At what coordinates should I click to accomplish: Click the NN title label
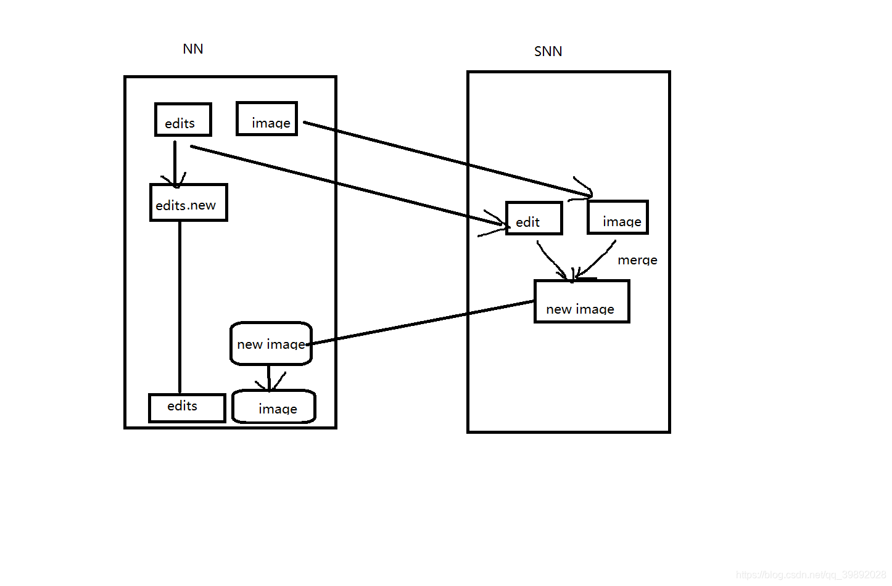point(193,49)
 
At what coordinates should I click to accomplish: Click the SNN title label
point(548,52)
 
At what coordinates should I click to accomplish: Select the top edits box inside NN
point(183,120)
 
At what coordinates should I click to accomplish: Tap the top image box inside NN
point(267,119)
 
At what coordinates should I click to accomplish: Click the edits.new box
point(188,203)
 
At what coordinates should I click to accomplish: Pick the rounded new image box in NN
point(271,343)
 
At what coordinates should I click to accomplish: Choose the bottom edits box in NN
point(187,407)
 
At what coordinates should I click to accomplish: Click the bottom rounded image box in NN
point(274,407)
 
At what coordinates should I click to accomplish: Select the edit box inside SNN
point(534,219)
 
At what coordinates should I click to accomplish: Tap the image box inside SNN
point(617,218)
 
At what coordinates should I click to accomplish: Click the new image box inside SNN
point(581,302)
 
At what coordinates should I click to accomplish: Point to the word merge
point(637,260)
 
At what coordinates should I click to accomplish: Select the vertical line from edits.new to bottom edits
point(180,308)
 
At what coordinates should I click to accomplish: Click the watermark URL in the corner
point(811,575)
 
